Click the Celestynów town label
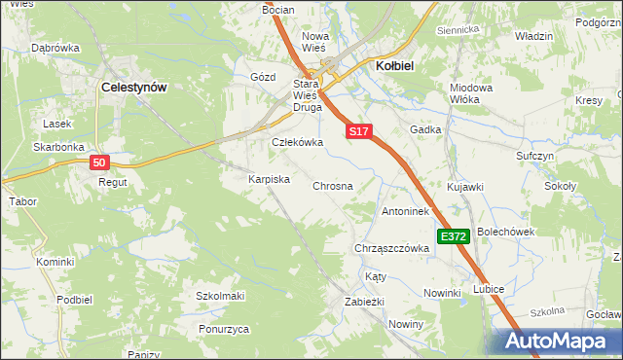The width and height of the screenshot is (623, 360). pos(134,87)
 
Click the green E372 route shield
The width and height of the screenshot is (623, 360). pos(454,236)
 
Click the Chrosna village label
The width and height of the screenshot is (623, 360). pos(331,185)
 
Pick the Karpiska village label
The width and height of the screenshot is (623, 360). pos(270,180)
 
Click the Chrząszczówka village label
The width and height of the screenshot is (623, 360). pos(392,248)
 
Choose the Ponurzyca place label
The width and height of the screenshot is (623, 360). pos(223,330)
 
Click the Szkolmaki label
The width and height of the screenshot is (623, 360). pos(220,296)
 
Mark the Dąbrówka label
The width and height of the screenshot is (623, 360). pos(55,47)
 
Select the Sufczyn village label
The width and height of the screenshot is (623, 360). pos(534,156)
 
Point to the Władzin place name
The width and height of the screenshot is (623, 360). pos(533,36)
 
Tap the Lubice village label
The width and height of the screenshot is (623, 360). pos(488,289)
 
